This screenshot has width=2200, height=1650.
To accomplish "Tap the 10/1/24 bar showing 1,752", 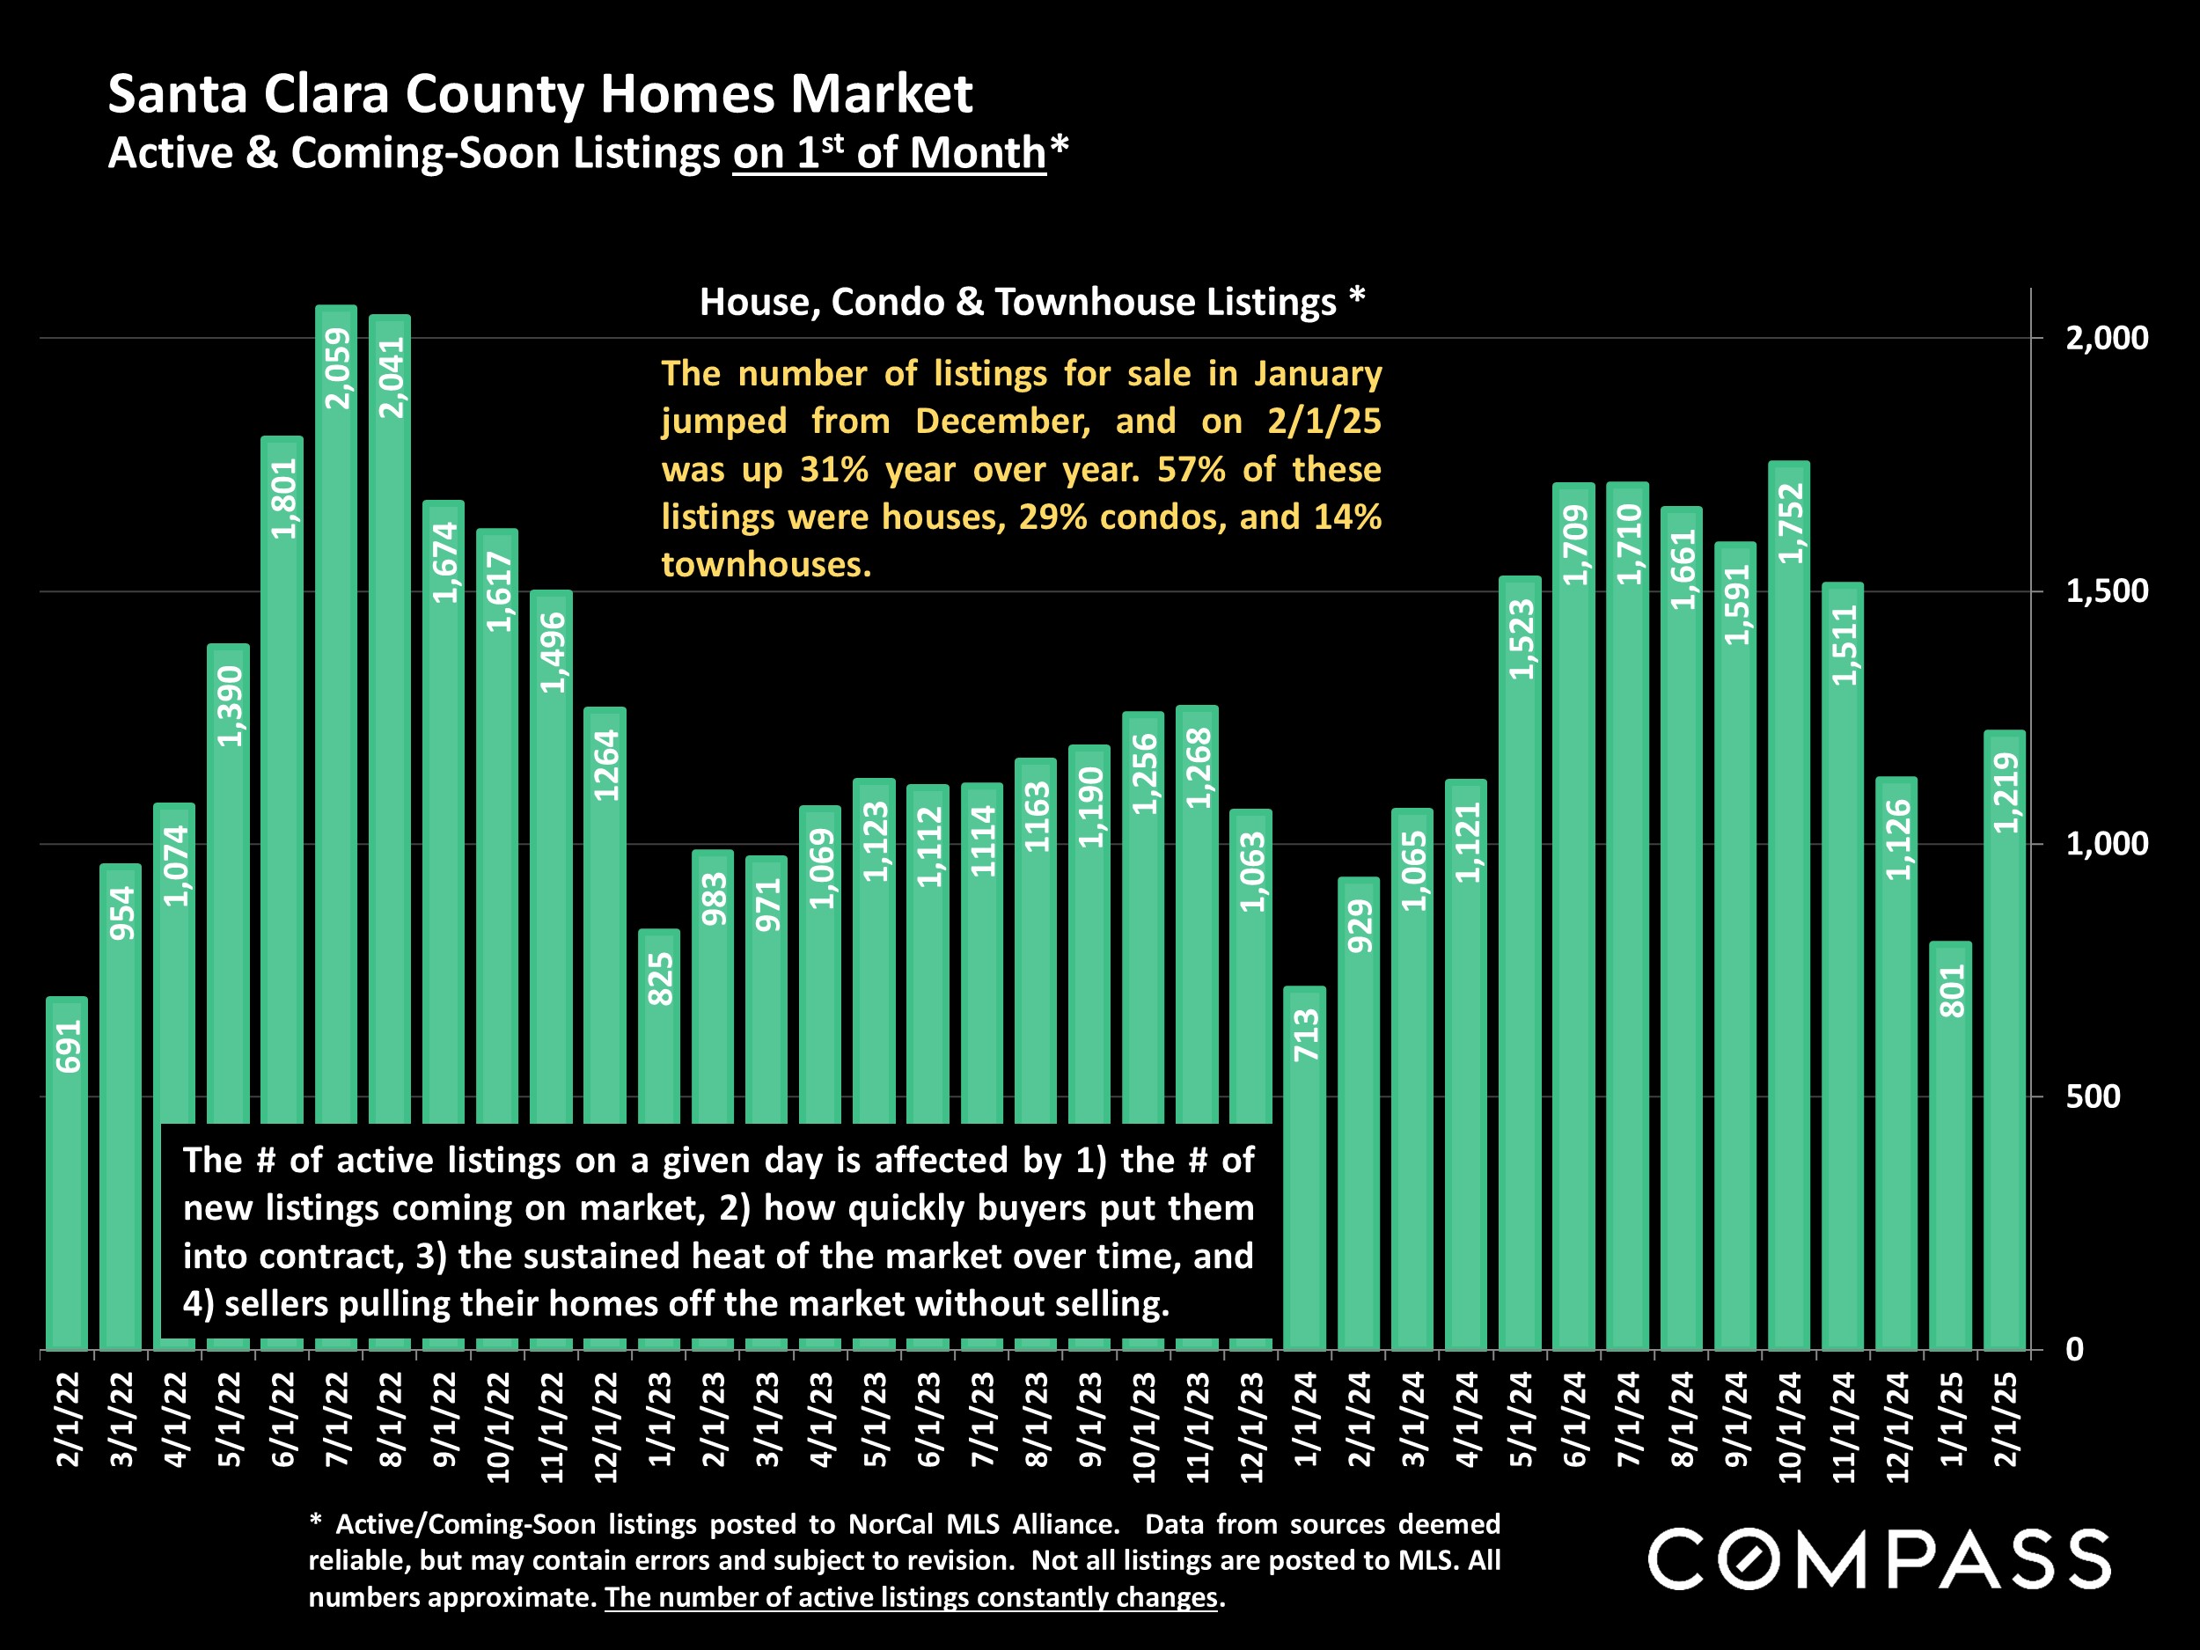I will (1788, 895).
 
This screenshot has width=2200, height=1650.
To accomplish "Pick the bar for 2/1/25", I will (2004, 1045).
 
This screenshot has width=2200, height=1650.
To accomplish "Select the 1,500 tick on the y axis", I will (2107, 591).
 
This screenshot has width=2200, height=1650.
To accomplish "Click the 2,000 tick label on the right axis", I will (2107, 338).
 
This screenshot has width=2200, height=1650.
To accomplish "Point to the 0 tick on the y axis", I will (2075, 1350).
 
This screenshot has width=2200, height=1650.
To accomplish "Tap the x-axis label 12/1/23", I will (1251, 1427).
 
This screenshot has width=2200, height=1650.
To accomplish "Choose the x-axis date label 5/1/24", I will (1520, 1419).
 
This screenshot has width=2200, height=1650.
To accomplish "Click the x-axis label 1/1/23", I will (659, 1419).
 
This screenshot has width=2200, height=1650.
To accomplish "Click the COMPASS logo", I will (1879, 1559).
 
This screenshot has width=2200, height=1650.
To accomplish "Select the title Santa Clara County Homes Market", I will (539, 94).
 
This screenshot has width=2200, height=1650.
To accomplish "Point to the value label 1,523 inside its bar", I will (1521, 640).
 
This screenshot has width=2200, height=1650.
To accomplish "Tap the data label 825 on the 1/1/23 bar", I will (659, 979).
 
